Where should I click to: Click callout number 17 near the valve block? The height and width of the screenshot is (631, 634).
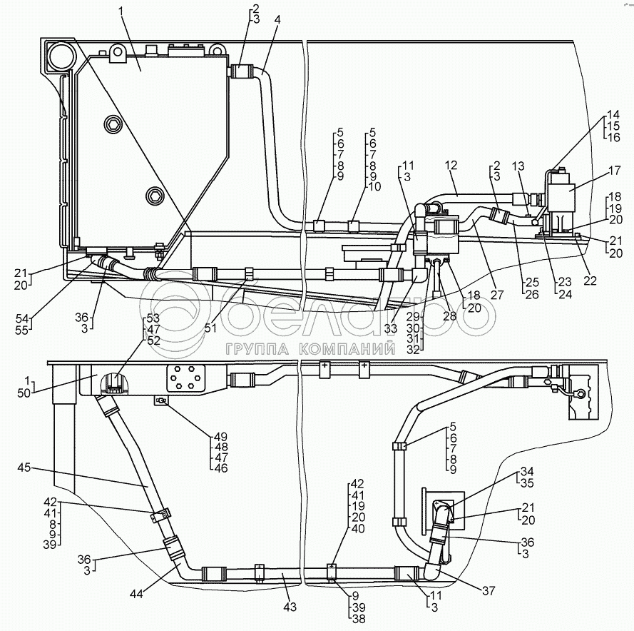click(614, 171)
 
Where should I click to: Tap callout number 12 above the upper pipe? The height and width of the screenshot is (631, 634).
click(451, 165)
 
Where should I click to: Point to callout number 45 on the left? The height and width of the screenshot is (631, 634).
click(24, 468)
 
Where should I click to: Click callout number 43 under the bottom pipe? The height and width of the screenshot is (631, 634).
click(290, 607)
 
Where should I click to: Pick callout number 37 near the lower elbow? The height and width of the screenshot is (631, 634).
click(489, 591)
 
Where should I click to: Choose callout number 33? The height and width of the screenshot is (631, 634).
click(391, 329)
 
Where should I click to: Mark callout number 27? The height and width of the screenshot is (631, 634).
click(497, 295)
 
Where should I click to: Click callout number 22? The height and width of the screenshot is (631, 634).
click(590, 281)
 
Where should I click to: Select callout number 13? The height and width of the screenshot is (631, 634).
click(518, 166)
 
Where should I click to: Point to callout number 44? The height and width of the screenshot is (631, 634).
click(137, 594)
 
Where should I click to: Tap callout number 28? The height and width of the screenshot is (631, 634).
click(449, 315)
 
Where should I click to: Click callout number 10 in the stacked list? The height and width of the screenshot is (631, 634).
click(375, 187)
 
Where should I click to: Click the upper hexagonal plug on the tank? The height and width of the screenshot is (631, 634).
click(113, 124)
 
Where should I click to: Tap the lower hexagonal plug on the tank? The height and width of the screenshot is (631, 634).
click(155, 196)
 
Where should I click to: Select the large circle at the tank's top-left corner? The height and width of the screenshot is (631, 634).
click(61, 56)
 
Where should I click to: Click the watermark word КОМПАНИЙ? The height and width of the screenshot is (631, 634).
click(347, 349)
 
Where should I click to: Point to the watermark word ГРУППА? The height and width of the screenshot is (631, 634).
click(257, 349)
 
